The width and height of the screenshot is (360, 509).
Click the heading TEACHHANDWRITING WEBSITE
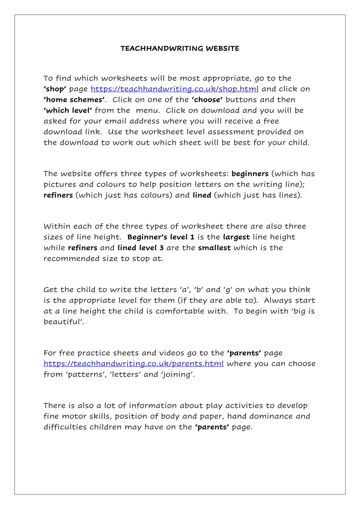click(180, 49)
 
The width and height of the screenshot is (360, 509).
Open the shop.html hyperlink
click(174, 89)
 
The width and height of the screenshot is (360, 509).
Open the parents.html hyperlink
click(133, 364)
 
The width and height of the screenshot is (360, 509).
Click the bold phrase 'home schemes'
click(74, 100)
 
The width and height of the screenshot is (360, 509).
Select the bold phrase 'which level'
click(68, 111)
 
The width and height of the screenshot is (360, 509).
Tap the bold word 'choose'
click(207, 100)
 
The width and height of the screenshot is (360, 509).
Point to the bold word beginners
click(250, 174)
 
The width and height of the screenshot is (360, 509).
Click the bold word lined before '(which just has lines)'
click(202, 195)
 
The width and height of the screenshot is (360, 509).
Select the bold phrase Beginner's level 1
click(161, 237)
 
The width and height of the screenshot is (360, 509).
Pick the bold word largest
click(236, 237)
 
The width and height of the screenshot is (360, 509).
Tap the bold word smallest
click(214, 248)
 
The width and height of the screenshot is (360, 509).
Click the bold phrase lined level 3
click(140, 248)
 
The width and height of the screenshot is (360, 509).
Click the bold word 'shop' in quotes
click(55, 89)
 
